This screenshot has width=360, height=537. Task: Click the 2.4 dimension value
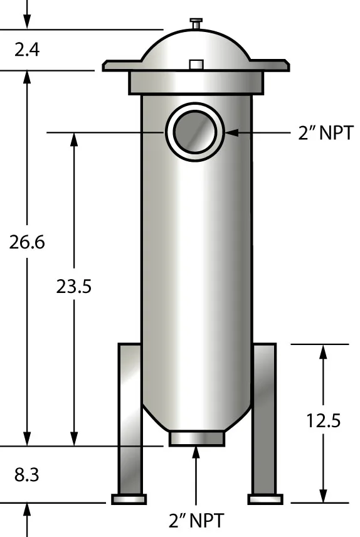27,49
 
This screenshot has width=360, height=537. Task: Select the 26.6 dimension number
27,242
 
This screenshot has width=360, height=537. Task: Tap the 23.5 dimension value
74,286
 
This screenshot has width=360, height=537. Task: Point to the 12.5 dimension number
324,420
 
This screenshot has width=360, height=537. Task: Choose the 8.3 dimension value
27,476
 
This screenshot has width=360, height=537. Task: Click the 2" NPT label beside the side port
326,133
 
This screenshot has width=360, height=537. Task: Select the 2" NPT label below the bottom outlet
196,520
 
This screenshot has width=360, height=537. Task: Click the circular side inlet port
194,132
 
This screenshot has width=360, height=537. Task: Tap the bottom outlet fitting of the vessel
196,438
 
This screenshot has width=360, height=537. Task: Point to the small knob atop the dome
196,23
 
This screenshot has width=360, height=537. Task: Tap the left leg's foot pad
129,499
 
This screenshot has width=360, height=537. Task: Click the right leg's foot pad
265,499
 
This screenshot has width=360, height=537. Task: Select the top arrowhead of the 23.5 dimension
75,140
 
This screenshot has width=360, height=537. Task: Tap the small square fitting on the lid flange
196,65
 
